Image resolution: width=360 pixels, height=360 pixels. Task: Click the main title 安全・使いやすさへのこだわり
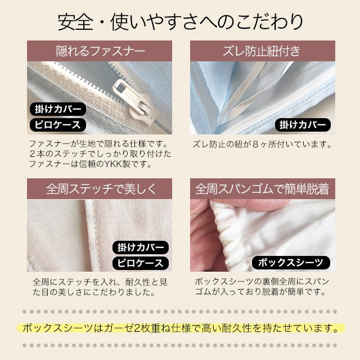[180, 22]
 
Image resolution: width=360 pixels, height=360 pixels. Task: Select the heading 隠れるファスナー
[101, 51]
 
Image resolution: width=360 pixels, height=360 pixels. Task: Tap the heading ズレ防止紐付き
[262, 51]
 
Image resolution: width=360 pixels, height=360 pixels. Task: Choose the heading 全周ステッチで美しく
[101, 189]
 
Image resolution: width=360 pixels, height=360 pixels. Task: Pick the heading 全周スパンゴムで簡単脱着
[262, 189]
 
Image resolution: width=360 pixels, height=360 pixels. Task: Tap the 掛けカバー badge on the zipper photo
[58, 109]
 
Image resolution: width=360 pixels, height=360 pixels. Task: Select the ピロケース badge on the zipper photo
[58, 125]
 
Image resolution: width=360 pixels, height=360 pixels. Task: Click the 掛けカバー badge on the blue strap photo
[303, 125]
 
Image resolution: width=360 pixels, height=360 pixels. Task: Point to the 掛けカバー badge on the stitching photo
[141, 247]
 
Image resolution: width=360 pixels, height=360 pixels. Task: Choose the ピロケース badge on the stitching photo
[141, 263]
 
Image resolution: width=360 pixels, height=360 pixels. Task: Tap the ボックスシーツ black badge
[291, 263]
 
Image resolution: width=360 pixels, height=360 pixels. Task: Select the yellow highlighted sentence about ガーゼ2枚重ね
[181, 328]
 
